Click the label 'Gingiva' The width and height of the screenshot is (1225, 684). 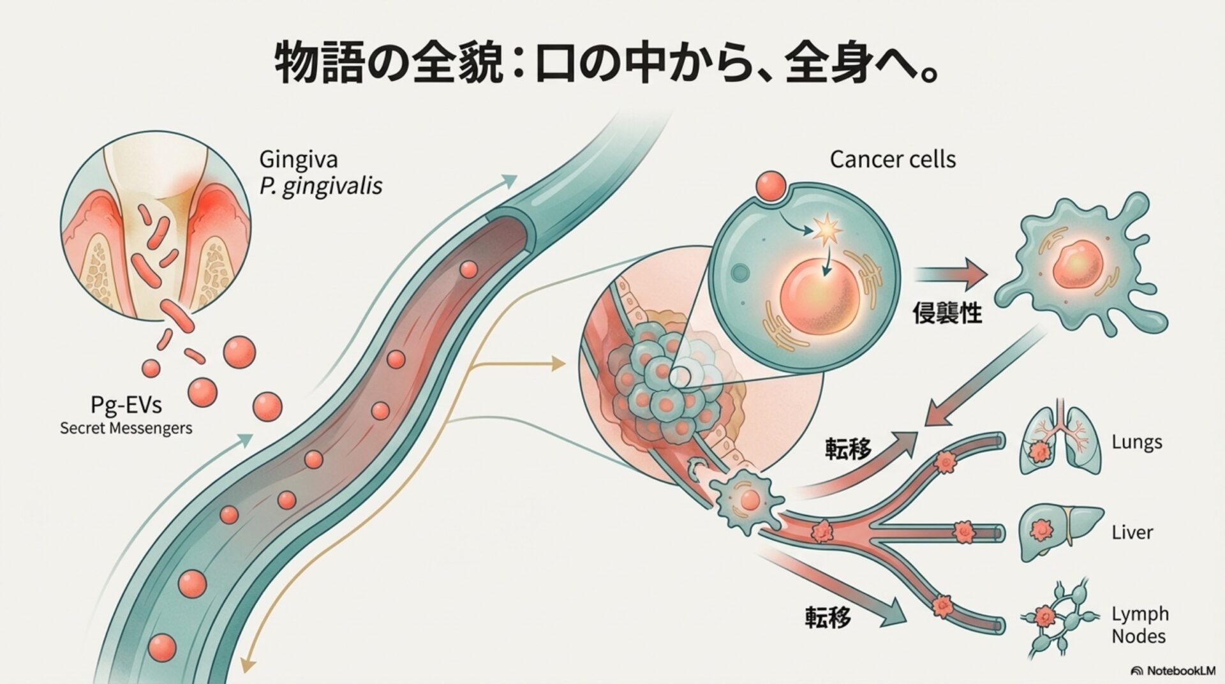pos(299,160)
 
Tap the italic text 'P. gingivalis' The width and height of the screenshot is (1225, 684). pos(321,186)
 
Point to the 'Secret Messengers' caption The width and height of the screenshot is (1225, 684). pos(126,427)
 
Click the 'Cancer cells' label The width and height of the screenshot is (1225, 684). pos(893,159)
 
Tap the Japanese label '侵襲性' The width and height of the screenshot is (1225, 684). pos(947,313)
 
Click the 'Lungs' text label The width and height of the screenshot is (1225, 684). pos(1136,442)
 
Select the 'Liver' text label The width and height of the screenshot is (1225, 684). pos(1132,532)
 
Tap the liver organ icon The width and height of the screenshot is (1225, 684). pos(1060,531)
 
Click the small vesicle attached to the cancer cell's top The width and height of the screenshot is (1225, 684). pos(771,186)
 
